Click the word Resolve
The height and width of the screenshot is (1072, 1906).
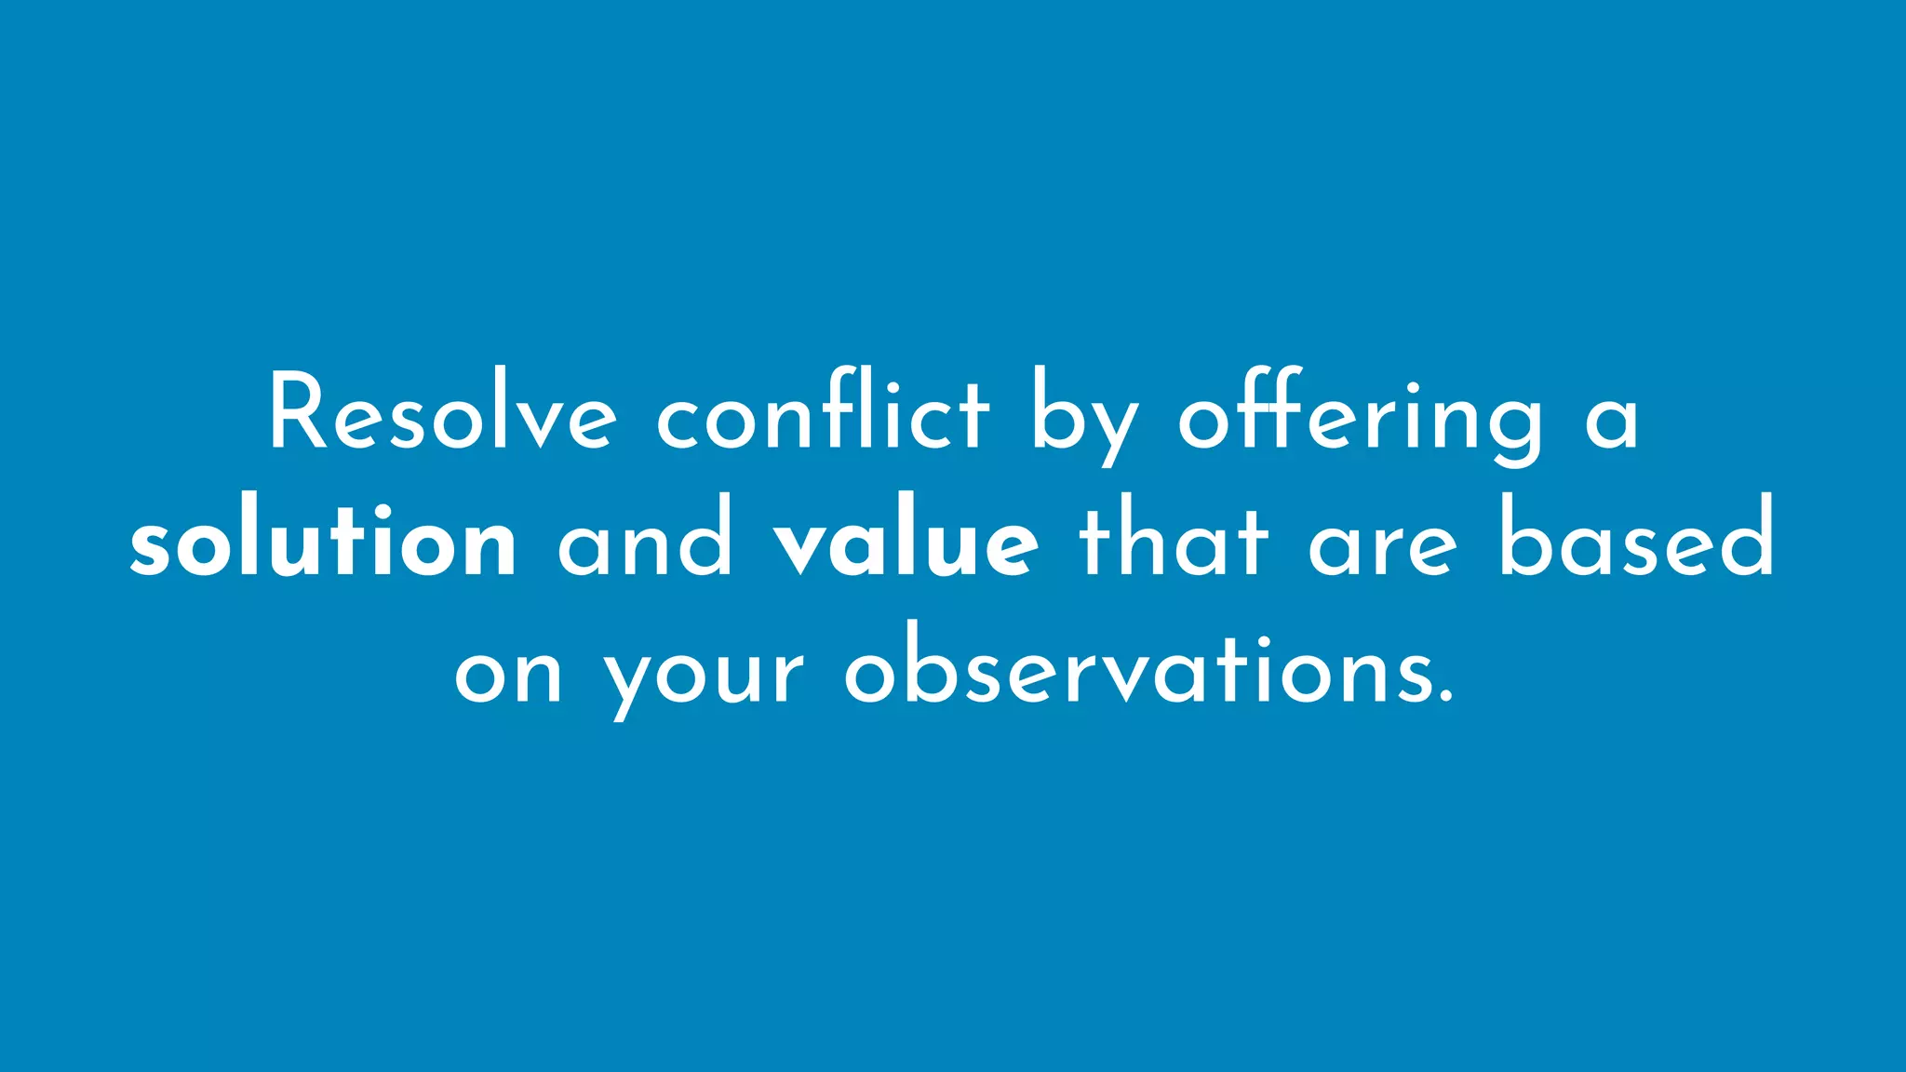pyautogui.click(x=443, y=414)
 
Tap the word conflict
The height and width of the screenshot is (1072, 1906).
pyautogui.click(x=823, y=414)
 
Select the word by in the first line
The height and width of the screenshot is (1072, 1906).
pyautogui.click(x=1083, y=419)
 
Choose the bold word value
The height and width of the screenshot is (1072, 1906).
pyautogui.click(x=906, y=543)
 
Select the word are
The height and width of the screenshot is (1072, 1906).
pyautogui.click(x=1383, y=549)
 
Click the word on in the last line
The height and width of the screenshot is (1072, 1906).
pyautogui.click(x=508, y=676)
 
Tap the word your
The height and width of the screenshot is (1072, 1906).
pyautogui.click(x=705, y=679)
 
